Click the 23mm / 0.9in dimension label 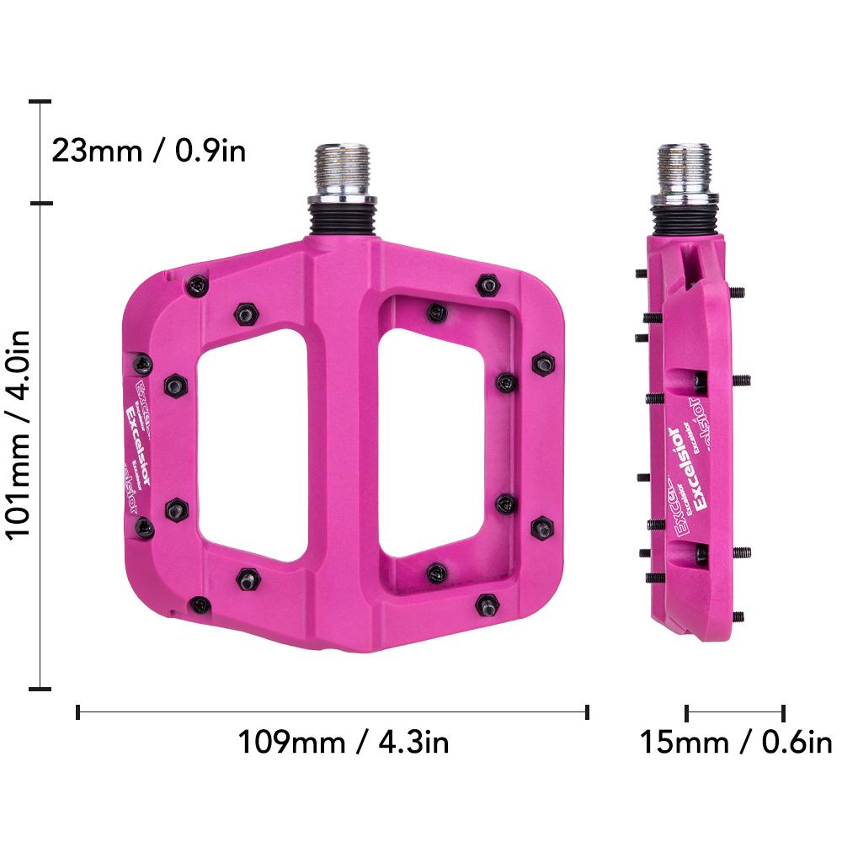pyautogui.click(x=148, y=151)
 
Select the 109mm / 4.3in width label pyautogui.click(x=343, y=743)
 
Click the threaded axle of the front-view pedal pyautogui.click(x=342, y=168)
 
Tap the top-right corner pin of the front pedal pyautogui.click(x=488, y=285)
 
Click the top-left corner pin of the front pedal pyautogui.click(x=196, y=285)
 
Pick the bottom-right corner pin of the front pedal pyautogui.click(x=487, y=604)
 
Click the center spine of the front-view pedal pyautogui.click(x=342, y=438)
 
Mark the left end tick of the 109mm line pyautogui.click(x=77, y=712)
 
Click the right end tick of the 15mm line pyautogui.click(x=784, y=712)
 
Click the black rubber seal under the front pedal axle pyautogui.click(x=342, y=221)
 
